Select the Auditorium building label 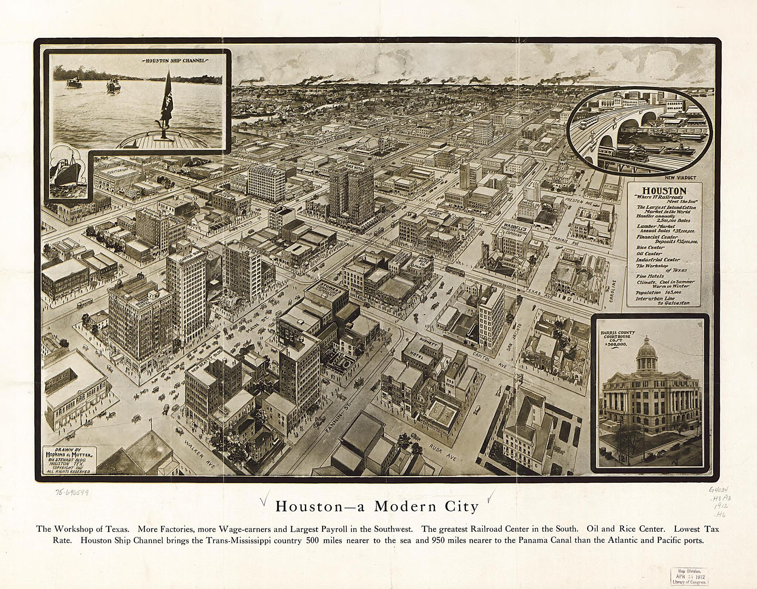(118, 171)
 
